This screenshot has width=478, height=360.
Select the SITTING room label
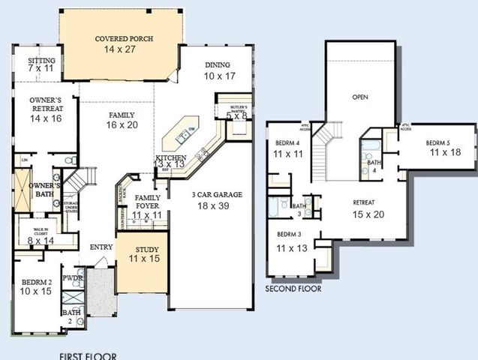[x=41, y=61]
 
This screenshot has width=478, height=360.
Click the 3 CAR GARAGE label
[x=217, y=194]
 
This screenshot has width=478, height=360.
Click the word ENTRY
[x=101, y=247]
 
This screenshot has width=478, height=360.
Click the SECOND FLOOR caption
[x=293, y=288]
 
